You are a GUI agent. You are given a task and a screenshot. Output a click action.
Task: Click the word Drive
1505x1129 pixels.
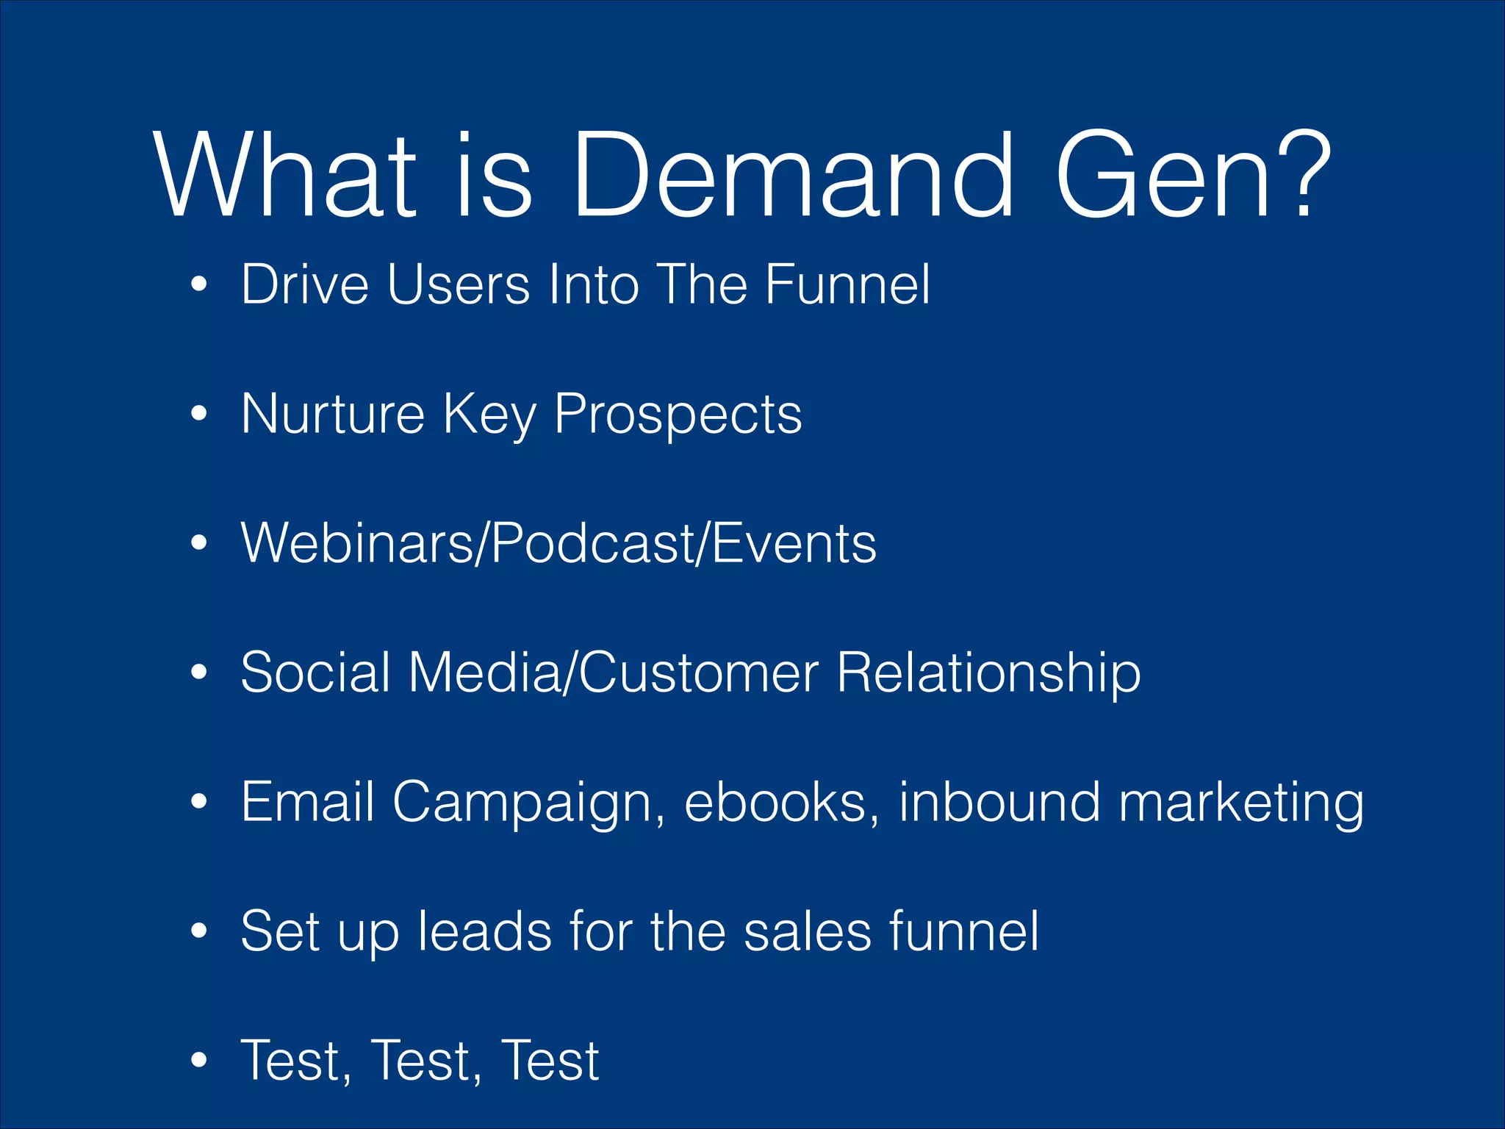[x=304, y=284]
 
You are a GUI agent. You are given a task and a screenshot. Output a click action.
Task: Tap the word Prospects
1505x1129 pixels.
[x=678, y=415]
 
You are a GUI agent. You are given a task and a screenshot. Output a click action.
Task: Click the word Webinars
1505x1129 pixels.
[x=357, y=543]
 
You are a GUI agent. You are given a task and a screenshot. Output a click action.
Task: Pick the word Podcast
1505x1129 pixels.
[x=591, y=543]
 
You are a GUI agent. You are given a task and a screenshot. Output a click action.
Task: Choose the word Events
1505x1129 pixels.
[x=794, y=543]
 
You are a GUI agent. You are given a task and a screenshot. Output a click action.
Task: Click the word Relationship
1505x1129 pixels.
[x=988, y=673]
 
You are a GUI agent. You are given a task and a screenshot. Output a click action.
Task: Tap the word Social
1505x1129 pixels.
[x=315, y=673]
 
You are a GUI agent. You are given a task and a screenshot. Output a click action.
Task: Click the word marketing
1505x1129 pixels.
[x=1240, y=803]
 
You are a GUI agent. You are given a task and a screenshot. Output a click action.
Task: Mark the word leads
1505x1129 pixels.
[x=484, y=931]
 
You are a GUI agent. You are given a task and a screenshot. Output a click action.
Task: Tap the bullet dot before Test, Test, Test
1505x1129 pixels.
[x=198, y=1060]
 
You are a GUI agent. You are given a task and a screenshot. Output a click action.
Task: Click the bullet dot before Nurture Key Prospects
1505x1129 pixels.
[x=198, y=414]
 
